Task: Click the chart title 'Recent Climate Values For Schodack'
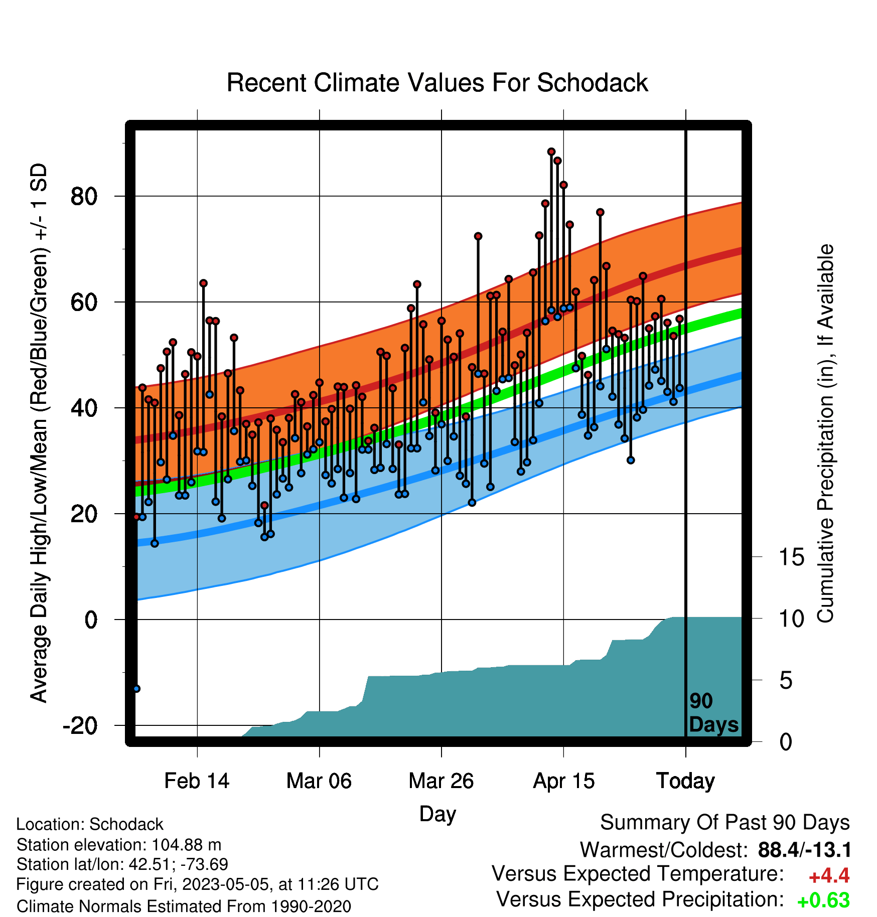437,83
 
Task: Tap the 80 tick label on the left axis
84,196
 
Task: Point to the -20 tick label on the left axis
80,725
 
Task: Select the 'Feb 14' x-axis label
197,781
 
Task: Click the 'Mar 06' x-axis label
319,781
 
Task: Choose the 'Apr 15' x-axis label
563,781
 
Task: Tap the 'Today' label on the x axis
685,781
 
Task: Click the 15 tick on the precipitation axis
791,557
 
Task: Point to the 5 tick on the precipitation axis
786,681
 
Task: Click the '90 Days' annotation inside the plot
713,713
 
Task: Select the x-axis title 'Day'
437,814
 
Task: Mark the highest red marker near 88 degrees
551,151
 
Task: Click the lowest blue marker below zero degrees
136,689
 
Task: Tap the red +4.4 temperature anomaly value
829,876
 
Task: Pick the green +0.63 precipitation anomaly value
823,900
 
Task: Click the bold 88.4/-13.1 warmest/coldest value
804,850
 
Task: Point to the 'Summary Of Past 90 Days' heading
725,823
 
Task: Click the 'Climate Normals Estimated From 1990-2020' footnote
184,906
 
